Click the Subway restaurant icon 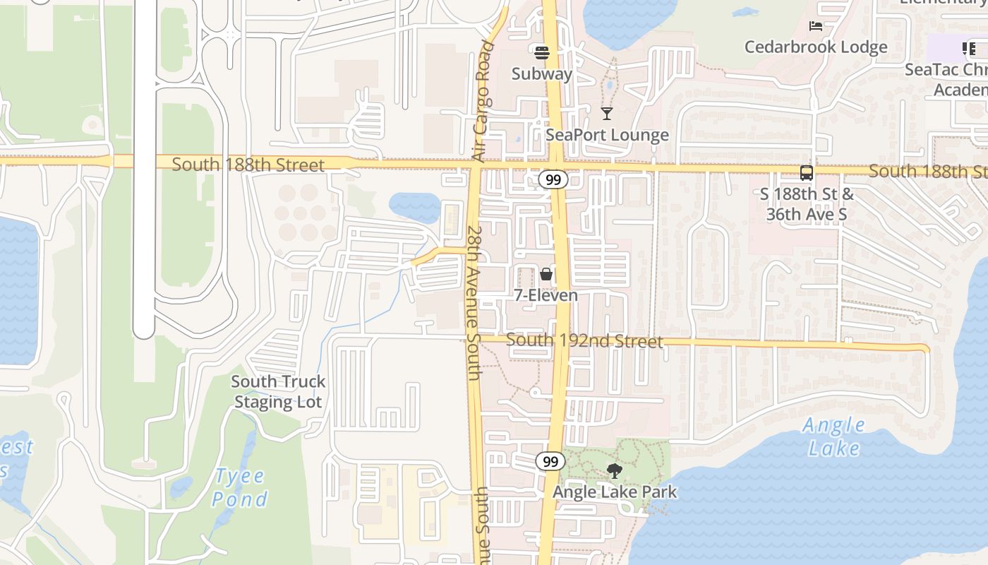pos(542,52)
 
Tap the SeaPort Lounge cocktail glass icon pos(607,113)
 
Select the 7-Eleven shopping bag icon pos(546,274)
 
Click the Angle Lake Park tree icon pos(615,471)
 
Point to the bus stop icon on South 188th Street pos(806,172)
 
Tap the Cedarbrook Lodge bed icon pos(816,27)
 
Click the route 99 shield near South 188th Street pos(553,179)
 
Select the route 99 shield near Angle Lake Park pos(550,462)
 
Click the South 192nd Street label pos(584,342)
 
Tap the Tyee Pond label pos(240,487)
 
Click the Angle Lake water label pos(834,436)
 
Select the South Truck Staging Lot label pos(278,392)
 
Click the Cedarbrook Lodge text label pos(816,47)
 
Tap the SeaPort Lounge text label pos(607,135)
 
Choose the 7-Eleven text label pos(546,295)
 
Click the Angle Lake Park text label pos(615,492)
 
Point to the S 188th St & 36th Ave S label pos(806,204)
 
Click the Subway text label pos(542,73)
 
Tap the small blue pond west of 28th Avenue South pos(415,205)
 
